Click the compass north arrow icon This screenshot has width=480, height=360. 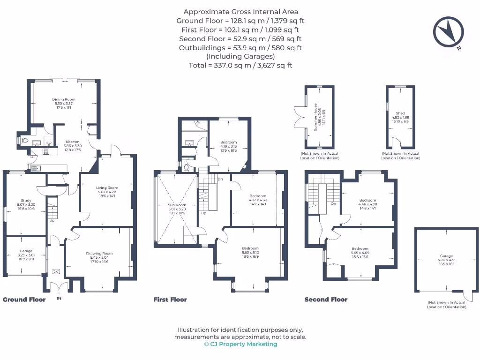(x=448, y=33)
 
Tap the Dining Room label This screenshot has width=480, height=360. (x=64, y=99)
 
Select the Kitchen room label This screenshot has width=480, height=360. (x=73, y=142)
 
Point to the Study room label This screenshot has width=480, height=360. (x=26, y=201)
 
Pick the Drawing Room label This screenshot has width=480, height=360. (x=99, y=254)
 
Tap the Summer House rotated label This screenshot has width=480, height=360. (x=316, y=117)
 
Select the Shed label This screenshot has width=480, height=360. (x=400, y=113)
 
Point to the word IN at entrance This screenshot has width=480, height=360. (x=59, y=298)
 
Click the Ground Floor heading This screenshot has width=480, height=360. (x=24, y=300)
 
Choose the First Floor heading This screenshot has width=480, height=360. (x=170, y=300)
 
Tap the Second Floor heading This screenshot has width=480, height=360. (x=326, y=300)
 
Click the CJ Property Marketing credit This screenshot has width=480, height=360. (x=240, y=344)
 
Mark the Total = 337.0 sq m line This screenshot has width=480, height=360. (x=240, y=65)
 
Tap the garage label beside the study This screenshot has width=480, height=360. (x=26, y=251)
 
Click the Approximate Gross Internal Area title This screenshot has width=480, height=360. (x=240, y=12)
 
